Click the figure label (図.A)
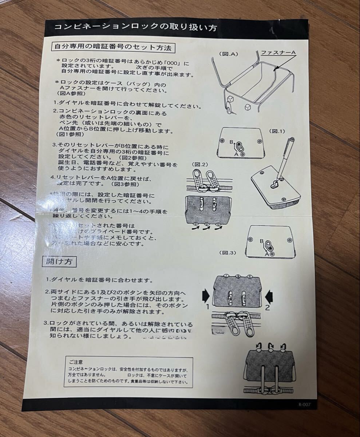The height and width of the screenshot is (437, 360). pyautogui.click(x=229, y=55)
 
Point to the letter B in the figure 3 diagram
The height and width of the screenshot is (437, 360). pyautogui.click(x=261, y=241)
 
